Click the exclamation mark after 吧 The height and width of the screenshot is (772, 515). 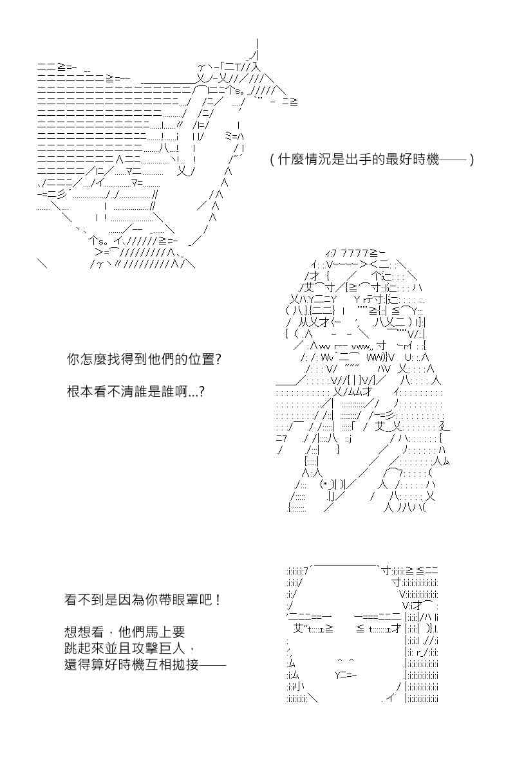click(216, 600)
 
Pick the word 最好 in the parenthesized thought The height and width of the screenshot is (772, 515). click(398, 160)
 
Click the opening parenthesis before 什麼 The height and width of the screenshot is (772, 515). click(272, 160)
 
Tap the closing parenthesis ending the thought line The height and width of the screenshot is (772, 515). click(471, 160)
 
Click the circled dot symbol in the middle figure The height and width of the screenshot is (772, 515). click(326, 484)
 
